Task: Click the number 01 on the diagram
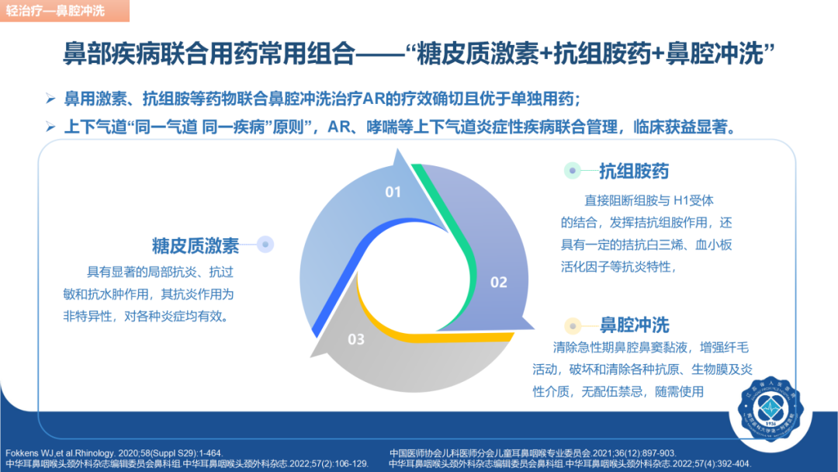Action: [x=393, y=192]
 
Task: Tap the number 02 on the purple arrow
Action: [x=498, y=282]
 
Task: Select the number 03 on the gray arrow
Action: [x=356, y=338]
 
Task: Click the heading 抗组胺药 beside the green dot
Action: [x=633, y=172]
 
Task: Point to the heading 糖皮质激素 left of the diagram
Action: [x=196, y=245]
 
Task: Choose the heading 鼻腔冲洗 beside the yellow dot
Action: [x=634, y=324]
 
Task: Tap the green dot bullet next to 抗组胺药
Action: [x=573, y=171]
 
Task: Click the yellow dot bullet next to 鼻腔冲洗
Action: [x=573, y=324]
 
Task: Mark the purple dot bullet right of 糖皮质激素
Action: [x=265, y=245]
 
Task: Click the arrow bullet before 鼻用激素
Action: [x=50, y=99]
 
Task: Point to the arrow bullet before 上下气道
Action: [x=50, y=127]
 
